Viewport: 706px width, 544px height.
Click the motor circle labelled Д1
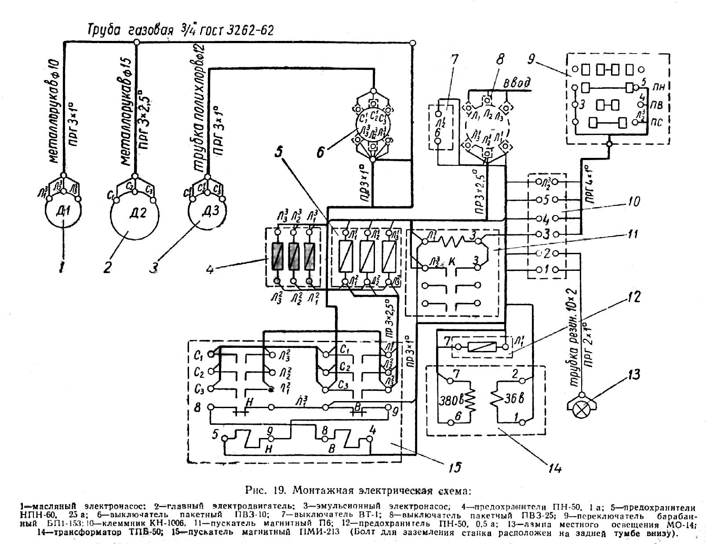[x=64, y=215]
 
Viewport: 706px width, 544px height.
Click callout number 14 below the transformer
[x=555, y=468]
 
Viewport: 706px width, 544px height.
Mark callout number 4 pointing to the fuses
[x=210, y=267]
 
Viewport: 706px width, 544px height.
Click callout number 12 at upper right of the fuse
[x=633, y=298]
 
